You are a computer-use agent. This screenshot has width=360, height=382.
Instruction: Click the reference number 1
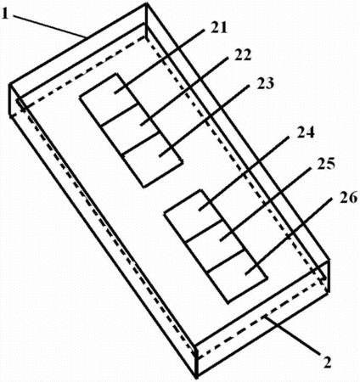(x=5, y=14)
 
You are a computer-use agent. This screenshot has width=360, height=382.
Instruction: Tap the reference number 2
(x=328, y=362)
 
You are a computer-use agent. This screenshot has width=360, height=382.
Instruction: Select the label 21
(x=219, y=28)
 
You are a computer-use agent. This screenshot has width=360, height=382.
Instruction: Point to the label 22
(x=243, y=55)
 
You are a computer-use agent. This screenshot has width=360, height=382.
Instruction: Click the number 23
(x=266, y=83)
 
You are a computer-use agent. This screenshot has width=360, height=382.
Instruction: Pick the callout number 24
(x=306, y=132)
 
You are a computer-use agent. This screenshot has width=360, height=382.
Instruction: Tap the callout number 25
(x=326, y=164)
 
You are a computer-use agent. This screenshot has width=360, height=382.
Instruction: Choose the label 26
(x=349, y=198)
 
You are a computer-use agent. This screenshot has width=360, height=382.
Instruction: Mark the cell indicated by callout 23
(x=151, y=159)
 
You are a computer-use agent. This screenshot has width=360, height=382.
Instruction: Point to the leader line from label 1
(x=49, y=25)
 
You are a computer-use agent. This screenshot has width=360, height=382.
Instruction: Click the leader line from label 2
(x=292, y=335)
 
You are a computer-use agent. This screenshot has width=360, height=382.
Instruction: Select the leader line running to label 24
(x=244, y=173)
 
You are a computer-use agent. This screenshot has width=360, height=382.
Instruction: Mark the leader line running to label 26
(x=289, y=236)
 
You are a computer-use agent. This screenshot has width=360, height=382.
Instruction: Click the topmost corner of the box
(x=146, y=3)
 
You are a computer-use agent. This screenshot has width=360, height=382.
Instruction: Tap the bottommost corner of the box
(x=196, y=379)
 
